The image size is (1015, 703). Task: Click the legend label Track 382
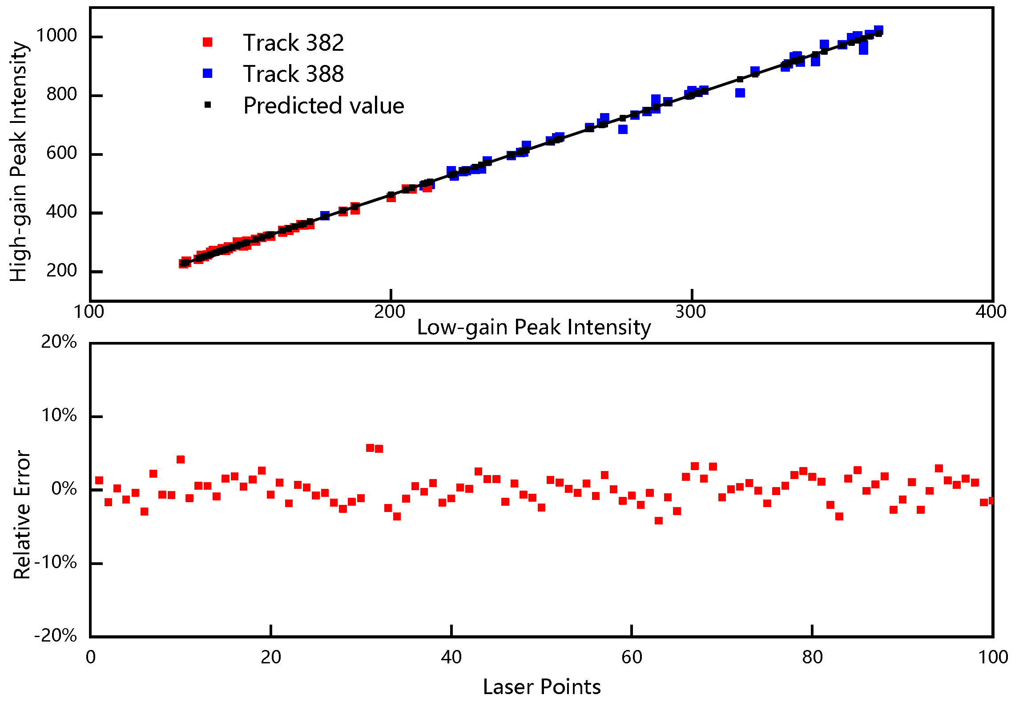pyautogui.click(x=293, y=43)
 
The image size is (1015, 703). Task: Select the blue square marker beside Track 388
pyautogui.click(x=207, y=73)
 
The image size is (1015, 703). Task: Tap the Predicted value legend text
pyautogui.click(x=323, y=106)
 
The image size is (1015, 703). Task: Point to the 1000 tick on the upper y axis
pyautogui.click(x=56, y=36)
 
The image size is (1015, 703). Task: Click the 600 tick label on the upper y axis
pyautogui.click(x=61, y=153)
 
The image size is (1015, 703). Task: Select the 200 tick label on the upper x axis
pyautogui.click(x=390, y=312)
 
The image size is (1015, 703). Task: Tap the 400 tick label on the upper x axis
pyautogui.click(x=991, y=312)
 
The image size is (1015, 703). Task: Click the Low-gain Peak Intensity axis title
pyautogui.click(x=534, y=327)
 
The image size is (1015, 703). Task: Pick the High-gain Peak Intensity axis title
pyautogui.click(x=19, y=161)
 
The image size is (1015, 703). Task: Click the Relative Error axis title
pyautogui.click(x=21, y=514)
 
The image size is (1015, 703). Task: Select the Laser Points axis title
pyautogui.click(x=541, y=687)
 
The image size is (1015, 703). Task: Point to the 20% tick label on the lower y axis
pyautogui.click(x=59, y=342)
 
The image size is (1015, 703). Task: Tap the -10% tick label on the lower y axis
pyautogui.click(x=56, y=563)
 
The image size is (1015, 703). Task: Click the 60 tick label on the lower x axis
pyautogui.click(x=632, y=657)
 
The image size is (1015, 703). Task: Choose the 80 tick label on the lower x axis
pyautogui.click(x=812, y=657)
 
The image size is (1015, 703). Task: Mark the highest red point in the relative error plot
pyautogui.click(x=370, y=448)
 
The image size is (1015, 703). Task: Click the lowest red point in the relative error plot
pyautogui.click(x=659, y=520)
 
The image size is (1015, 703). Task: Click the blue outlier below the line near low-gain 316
pyautogui.click(x=740, y=93)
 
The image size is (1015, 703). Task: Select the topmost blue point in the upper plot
pyautogui.click(x=878, y=30)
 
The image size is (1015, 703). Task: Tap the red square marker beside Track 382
pyautogui.click(x=207, y=42)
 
